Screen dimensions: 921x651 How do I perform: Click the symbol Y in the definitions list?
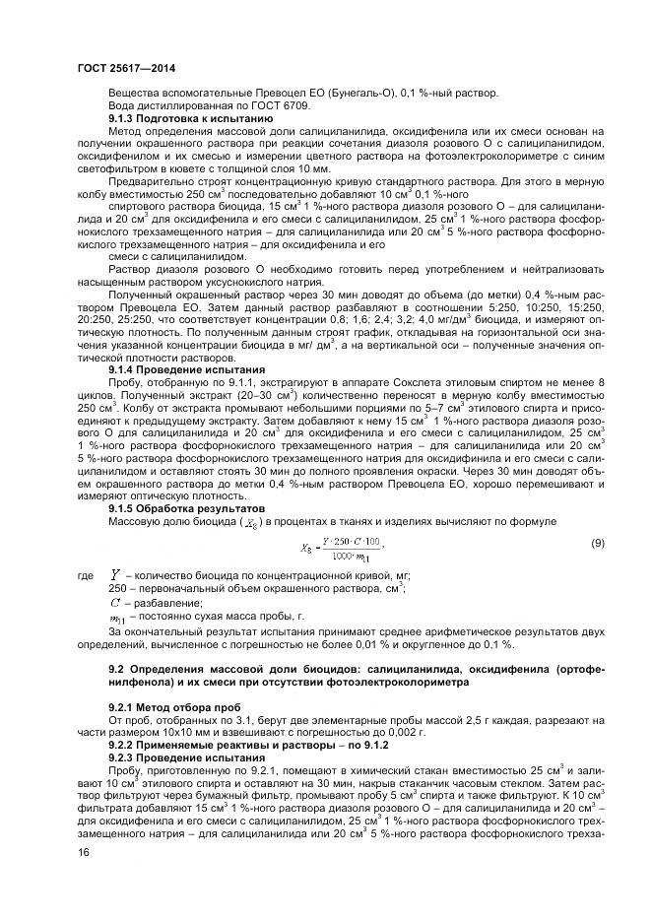[116, 573]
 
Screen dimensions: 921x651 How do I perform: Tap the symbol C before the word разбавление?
[115, 602]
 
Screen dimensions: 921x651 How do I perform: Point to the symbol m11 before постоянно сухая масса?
[116, 617]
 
